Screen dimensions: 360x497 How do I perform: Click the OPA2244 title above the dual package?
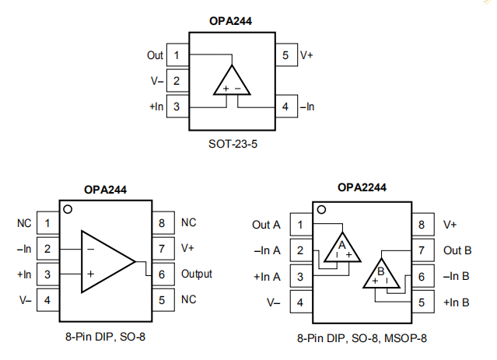tap(362, 187)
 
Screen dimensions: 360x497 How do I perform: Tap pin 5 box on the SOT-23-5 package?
tap(285, 55)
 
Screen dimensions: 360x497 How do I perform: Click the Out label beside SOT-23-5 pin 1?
tap(155, 55)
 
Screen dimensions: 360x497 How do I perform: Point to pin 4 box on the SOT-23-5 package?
tap(285, 106)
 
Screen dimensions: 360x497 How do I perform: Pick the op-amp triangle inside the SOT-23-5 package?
tap(231, 82)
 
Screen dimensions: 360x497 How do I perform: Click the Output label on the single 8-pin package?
tap(197, 274)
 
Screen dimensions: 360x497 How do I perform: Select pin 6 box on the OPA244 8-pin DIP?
tap(162, 274)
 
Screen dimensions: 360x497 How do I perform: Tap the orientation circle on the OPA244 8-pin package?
tap(68, 209)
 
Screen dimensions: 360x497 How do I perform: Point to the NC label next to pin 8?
tap(189, 222)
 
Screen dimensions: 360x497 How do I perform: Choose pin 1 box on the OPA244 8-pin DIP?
tap(48, 223)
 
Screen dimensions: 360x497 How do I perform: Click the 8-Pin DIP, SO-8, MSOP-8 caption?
tap(362, 338)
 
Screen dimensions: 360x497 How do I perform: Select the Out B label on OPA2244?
tap(457, 250)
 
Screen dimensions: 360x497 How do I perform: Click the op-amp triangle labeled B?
tap(383, 274)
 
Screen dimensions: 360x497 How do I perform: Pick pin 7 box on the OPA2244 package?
tap(421, 250)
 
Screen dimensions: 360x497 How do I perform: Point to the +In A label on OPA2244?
tap(267, 276)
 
